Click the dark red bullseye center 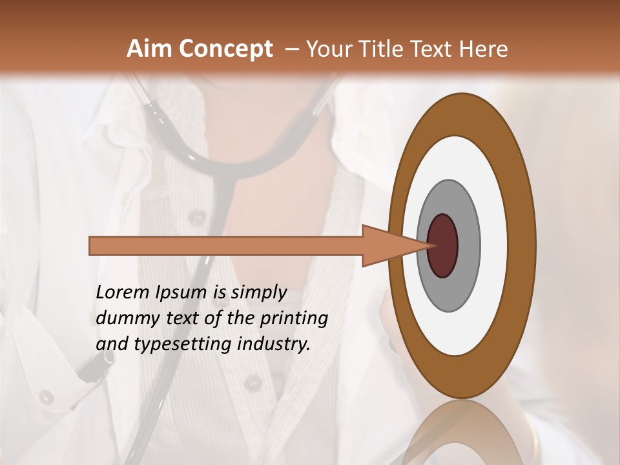(443, 246)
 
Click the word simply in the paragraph (258, 293)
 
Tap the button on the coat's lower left (46, 396)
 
